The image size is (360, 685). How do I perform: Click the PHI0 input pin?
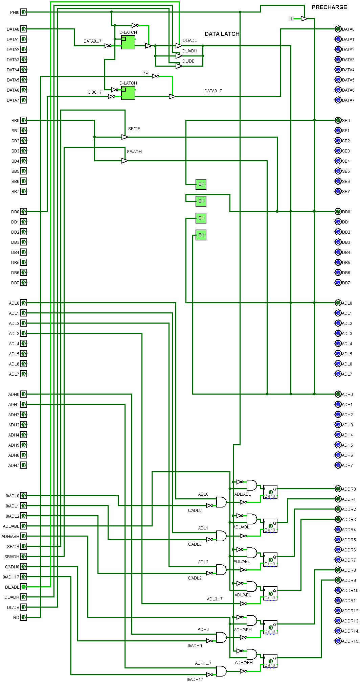pyautogui.click(x=23, y=12)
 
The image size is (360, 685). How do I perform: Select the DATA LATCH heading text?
pyautogui.click(x=222, y=34)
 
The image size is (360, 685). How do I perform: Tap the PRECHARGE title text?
pyautogui.click(x=329, y=7)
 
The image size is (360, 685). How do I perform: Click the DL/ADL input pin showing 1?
pyautogui.click(x=23, y=587)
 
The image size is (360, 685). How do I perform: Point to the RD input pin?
pyautogui.click(x=23, y=617)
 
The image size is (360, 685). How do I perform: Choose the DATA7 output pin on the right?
pyautogui.click(x=338, y=100)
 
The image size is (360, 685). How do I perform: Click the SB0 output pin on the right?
pyautogui.click(x=338, y=120)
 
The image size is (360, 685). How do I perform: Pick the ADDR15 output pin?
pyautogui.click(x=338, y=641)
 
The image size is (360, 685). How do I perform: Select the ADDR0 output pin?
pyautogui.click(x=338, y=489)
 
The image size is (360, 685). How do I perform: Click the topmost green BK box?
pyautogui.click(x=201, y=184)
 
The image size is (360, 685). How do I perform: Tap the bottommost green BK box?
pyautogui.click(x=201, y=235)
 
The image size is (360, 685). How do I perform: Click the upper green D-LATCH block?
pyautogui.click(x=128, y=42)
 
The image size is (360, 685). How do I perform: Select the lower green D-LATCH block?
pyautogui.click(x=128, y=93)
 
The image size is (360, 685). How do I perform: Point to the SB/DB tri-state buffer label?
pyautogui.click(x=134, y=129)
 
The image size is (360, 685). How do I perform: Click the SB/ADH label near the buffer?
pyautogui.click(x=134, y=152)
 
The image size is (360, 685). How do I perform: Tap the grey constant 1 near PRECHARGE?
pyautogui.click(x=291, y=19)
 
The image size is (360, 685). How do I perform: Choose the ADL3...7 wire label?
pyautogui.click(x=215, y=599)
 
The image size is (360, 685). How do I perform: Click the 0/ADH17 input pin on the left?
pyautogui.click(x=23, y=577)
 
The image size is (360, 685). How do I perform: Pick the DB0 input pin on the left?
pyautogui.click(x=23, y=212)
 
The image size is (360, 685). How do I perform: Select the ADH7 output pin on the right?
pyautogui.click(x=338, y=465)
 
